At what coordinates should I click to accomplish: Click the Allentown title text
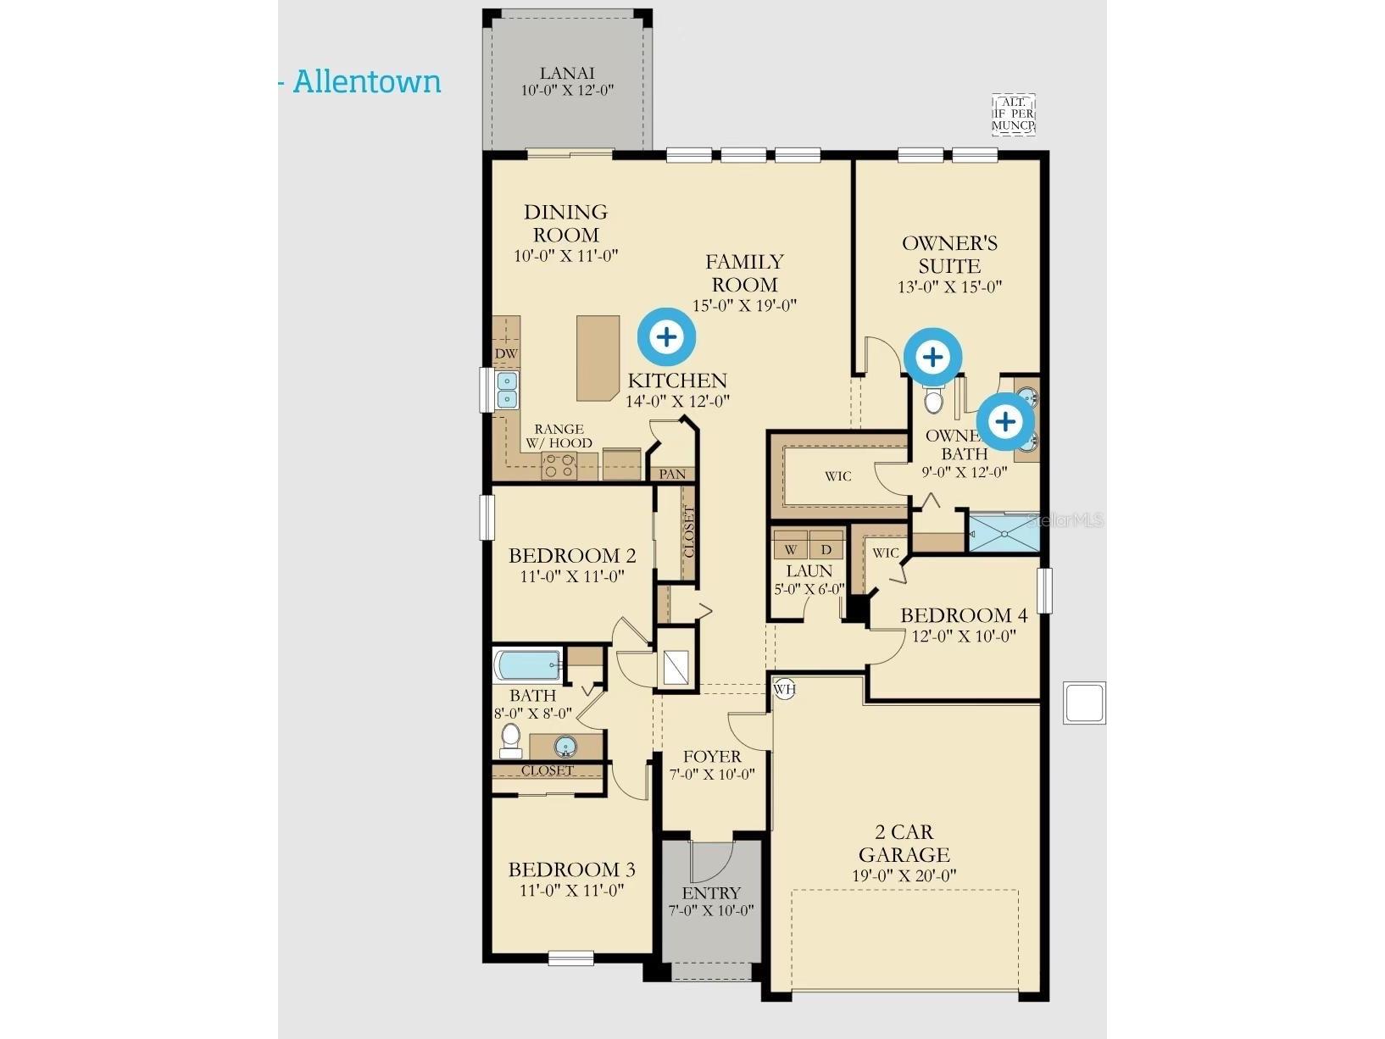click(367, 82)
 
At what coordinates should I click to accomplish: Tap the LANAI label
click(566, 73)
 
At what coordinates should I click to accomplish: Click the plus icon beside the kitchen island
click(667, 337)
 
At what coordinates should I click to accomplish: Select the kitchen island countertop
click(598, 358)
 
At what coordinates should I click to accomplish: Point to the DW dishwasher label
click(506, 354)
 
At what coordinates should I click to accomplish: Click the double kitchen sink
click(508, 390)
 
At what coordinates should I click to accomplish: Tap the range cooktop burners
click(559, 466)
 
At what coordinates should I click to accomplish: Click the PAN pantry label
click(672, 474)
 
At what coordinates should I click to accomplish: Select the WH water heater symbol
click(784, 688)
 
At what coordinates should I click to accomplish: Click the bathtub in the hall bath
click(527, 665)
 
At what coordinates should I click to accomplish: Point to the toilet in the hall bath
click(510, 741)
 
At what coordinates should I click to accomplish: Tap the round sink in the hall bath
click(565, 747)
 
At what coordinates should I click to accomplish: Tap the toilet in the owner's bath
click(933, 397)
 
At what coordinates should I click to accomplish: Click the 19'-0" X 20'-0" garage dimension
click(904, 875)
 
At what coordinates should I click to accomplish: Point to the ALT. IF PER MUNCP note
click(1014, 114)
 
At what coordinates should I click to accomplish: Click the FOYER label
click(712, 757)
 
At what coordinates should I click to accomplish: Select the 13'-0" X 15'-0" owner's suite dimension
click(949, 287)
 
